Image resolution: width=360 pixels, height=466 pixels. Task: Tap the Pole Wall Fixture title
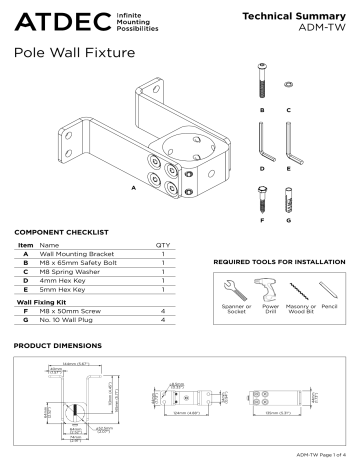(75, 59)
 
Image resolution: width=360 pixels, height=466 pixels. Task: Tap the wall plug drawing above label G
(288, 200)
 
